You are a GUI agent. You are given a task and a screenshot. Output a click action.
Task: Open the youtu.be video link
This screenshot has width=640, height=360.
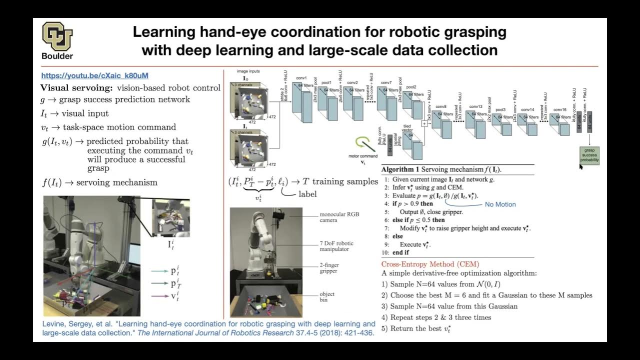(x=94, y=76)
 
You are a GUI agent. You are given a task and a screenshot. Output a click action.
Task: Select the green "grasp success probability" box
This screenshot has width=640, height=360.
(x=589, y=155)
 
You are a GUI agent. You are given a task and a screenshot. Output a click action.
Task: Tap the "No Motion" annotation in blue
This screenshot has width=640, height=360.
(x=500, y=204)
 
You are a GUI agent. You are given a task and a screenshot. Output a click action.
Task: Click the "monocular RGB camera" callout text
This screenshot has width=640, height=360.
(x=339, y=217)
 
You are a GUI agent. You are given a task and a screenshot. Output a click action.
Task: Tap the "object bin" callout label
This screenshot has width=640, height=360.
(x=327, y=297)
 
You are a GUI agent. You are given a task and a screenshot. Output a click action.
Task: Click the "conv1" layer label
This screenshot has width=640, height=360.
(x=301, y=78)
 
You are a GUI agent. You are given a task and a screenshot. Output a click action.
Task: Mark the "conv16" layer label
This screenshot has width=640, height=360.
(x=560, y=109)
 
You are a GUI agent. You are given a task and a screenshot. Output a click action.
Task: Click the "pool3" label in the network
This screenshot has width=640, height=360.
(x=500, y=109)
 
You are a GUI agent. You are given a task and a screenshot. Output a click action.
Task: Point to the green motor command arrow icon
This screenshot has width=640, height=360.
(x=365, y=144)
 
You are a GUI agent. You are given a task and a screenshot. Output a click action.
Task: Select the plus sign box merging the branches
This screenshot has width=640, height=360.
(x=424, y=123)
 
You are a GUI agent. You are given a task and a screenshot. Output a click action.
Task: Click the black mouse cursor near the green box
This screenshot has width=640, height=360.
(x=581, y=166)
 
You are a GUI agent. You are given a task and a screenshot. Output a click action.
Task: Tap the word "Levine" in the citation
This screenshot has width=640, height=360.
(x=53, y=324)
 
